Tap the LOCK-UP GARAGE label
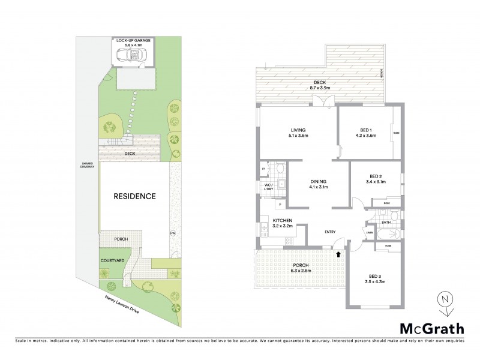coord(133,41)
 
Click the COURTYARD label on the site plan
coord(112,260)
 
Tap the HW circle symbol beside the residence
coord(172,233)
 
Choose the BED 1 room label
coord(365,132)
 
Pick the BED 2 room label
coord(367,179)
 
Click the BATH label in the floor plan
coord(386,223)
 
